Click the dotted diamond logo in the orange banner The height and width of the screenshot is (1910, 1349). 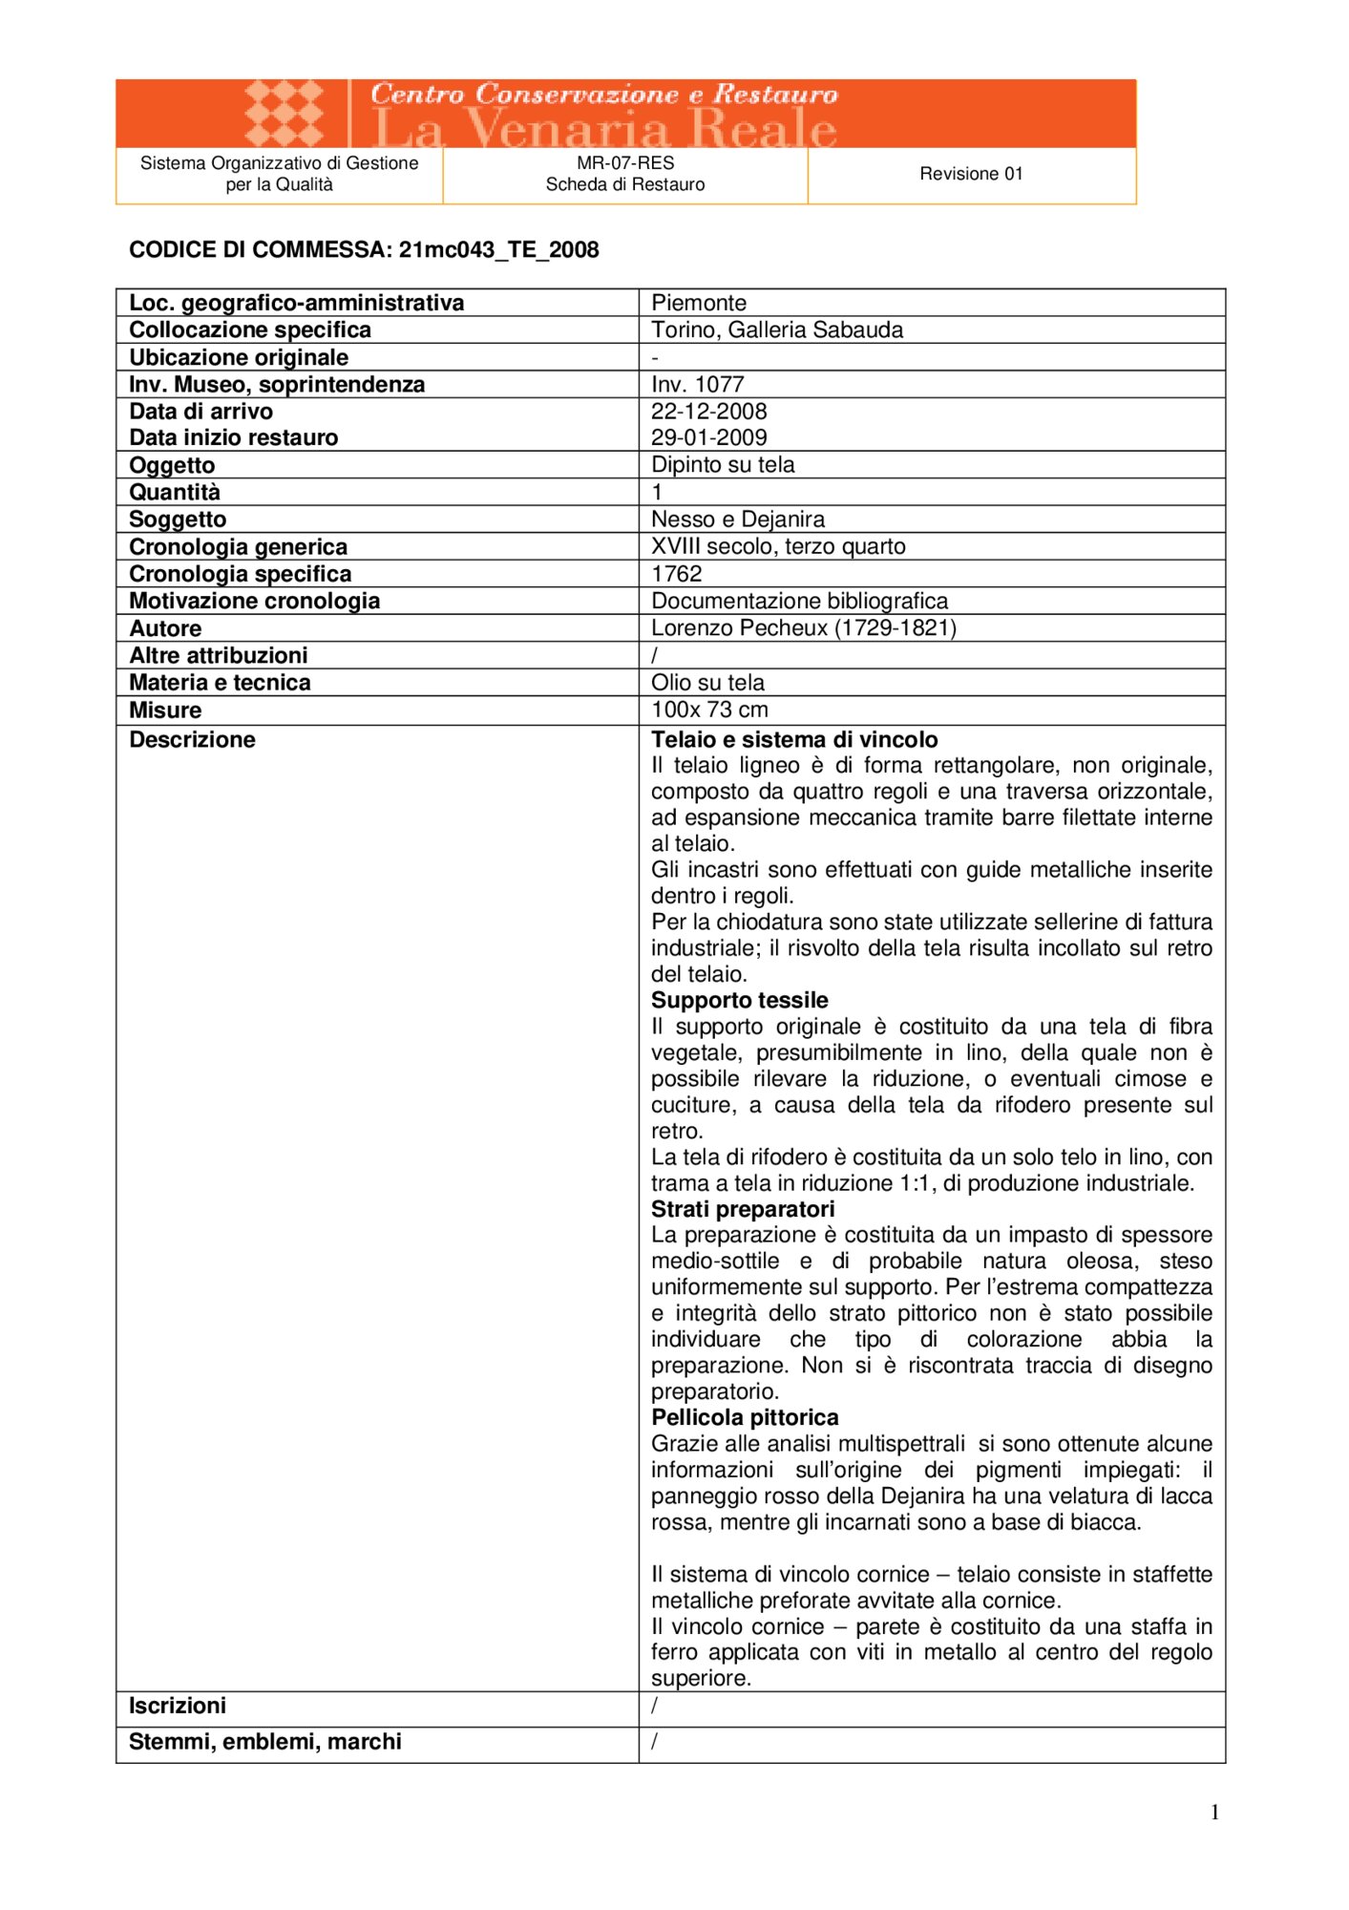click(x=284, y=114)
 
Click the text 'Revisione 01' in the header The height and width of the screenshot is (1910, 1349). click(x=971, y=174)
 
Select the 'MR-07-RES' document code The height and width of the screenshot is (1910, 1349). click(x=625, y=163)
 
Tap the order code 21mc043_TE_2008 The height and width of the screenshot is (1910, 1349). click(x=498, y=250)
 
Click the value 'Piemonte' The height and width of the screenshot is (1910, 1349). click(x=699, y=303)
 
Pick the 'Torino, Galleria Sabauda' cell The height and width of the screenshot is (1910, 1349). click(x=777, y=329)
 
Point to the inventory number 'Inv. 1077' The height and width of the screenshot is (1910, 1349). click(x=697, y=384)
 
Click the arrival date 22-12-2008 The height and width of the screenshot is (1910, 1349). click(x=709, y=412)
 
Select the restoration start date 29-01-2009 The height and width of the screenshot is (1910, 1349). click(x=709, y=437)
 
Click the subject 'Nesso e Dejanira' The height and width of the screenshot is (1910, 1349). click(x=738, y=520)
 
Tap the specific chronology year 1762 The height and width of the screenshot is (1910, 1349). click(x=677, y=574)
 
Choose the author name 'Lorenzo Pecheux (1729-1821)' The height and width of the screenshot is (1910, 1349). click(x=804, y=627)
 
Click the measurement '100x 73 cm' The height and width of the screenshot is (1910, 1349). click(x=709, y=710)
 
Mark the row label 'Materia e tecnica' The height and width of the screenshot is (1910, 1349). click(x=220, y=683)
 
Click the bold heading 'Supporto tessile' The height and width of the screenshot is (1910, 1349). click(x=740, y=1000)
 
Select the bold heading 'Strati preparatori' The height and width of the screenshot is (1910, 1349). click(x=743, y=1209)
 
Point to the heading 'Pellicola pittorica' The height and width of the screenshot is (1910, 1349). click(x=745, y=1417)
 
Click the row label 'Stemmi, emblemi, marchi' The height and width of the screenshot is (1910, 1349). click(x=265, y=1742)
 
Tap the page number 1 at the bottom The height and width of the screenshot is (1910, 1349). click(x=1214, y=1813)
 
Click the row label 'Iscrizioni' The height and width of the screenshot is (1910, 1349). click(x=178, y=1706)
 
